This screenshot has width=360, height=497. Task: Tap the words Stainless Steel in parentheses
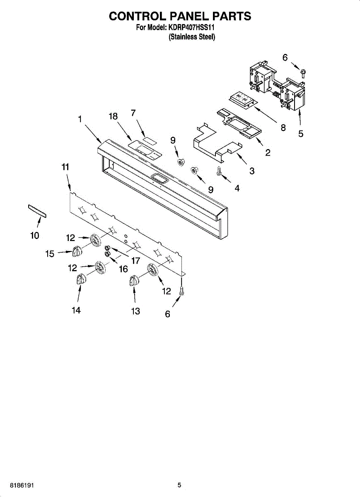[x=192, y=37]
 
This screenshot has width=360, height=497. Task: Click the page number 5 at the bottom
[x=179, y=485]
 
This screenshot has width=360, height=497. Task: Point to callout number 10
[x=35, y=236]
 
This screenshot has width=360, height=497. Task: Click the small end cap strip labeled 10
[x=37, y=210]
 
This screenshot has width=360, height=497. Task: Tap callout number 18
[x=113, y=117]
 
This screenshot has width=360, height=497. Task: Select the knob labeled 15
[x=77, y=251]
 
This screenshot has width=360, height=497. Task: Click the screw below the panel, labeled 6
[x=181, y=292]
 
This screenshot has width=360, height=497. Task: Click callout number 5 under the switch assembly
[x=301, y=134]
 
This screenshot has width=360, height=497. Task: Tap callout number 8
[x=283, y=128]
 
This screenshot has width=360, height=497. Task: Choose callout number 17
[x=135, y=261]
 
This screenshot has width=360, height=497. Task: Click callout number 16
[x=123, y=269]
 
